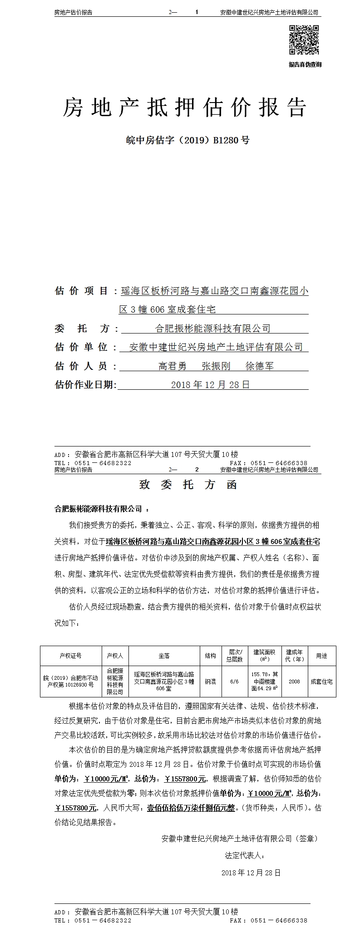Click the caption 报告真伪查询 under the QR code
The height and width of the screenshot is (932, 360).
pos(305,64)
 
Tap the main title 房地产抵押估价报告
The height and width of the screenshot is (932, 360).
pos(184,108)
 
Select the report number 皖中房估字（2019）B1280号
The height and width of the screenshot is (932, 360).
pos(187,140)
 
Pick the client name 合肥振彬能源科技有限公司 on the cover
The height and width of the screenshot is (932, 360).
pos(213,328)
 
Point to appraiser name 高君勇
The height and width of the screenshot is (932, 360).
pos(173,366)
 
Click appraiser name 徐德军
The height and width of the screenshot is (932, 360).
pos(259,366)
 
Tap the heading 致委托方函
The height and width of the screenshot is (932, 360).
pos(188,485)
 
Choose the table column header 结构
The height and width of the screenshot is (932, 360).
pos(211,656)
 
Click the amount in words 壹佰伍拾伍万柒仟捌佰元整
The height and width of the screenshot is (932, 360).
pos(191,808)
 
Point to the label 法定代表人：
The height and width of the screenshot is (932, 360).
pos(245,856)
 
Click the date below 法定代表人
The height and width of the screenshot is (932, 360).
pos(251,873)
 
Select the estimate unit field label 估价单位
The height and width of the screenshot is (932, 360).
pos(82,347)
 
